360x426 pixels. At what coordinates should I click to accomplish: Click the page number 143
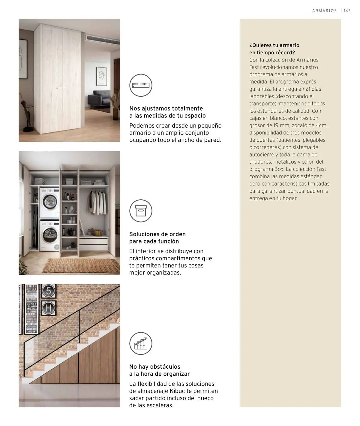347,11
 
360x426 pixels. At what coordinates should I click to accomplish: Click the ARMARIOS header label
325,11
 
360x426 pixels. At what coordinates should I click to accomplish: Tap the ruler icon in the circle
141,85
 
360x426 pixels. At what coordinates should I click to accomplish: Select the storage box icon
141,211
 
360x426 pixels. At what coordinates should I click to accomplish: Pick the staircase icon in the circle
141,343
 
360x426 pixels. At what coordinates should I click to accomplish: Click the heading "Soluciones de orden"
157,234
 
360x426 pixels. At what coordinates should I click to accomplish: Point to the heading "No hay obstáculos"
154,367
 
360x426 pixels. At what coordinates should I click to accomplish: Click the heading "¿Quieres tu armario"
274,45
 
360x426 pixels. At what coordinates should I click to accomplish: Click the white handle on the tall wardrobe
62,88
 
